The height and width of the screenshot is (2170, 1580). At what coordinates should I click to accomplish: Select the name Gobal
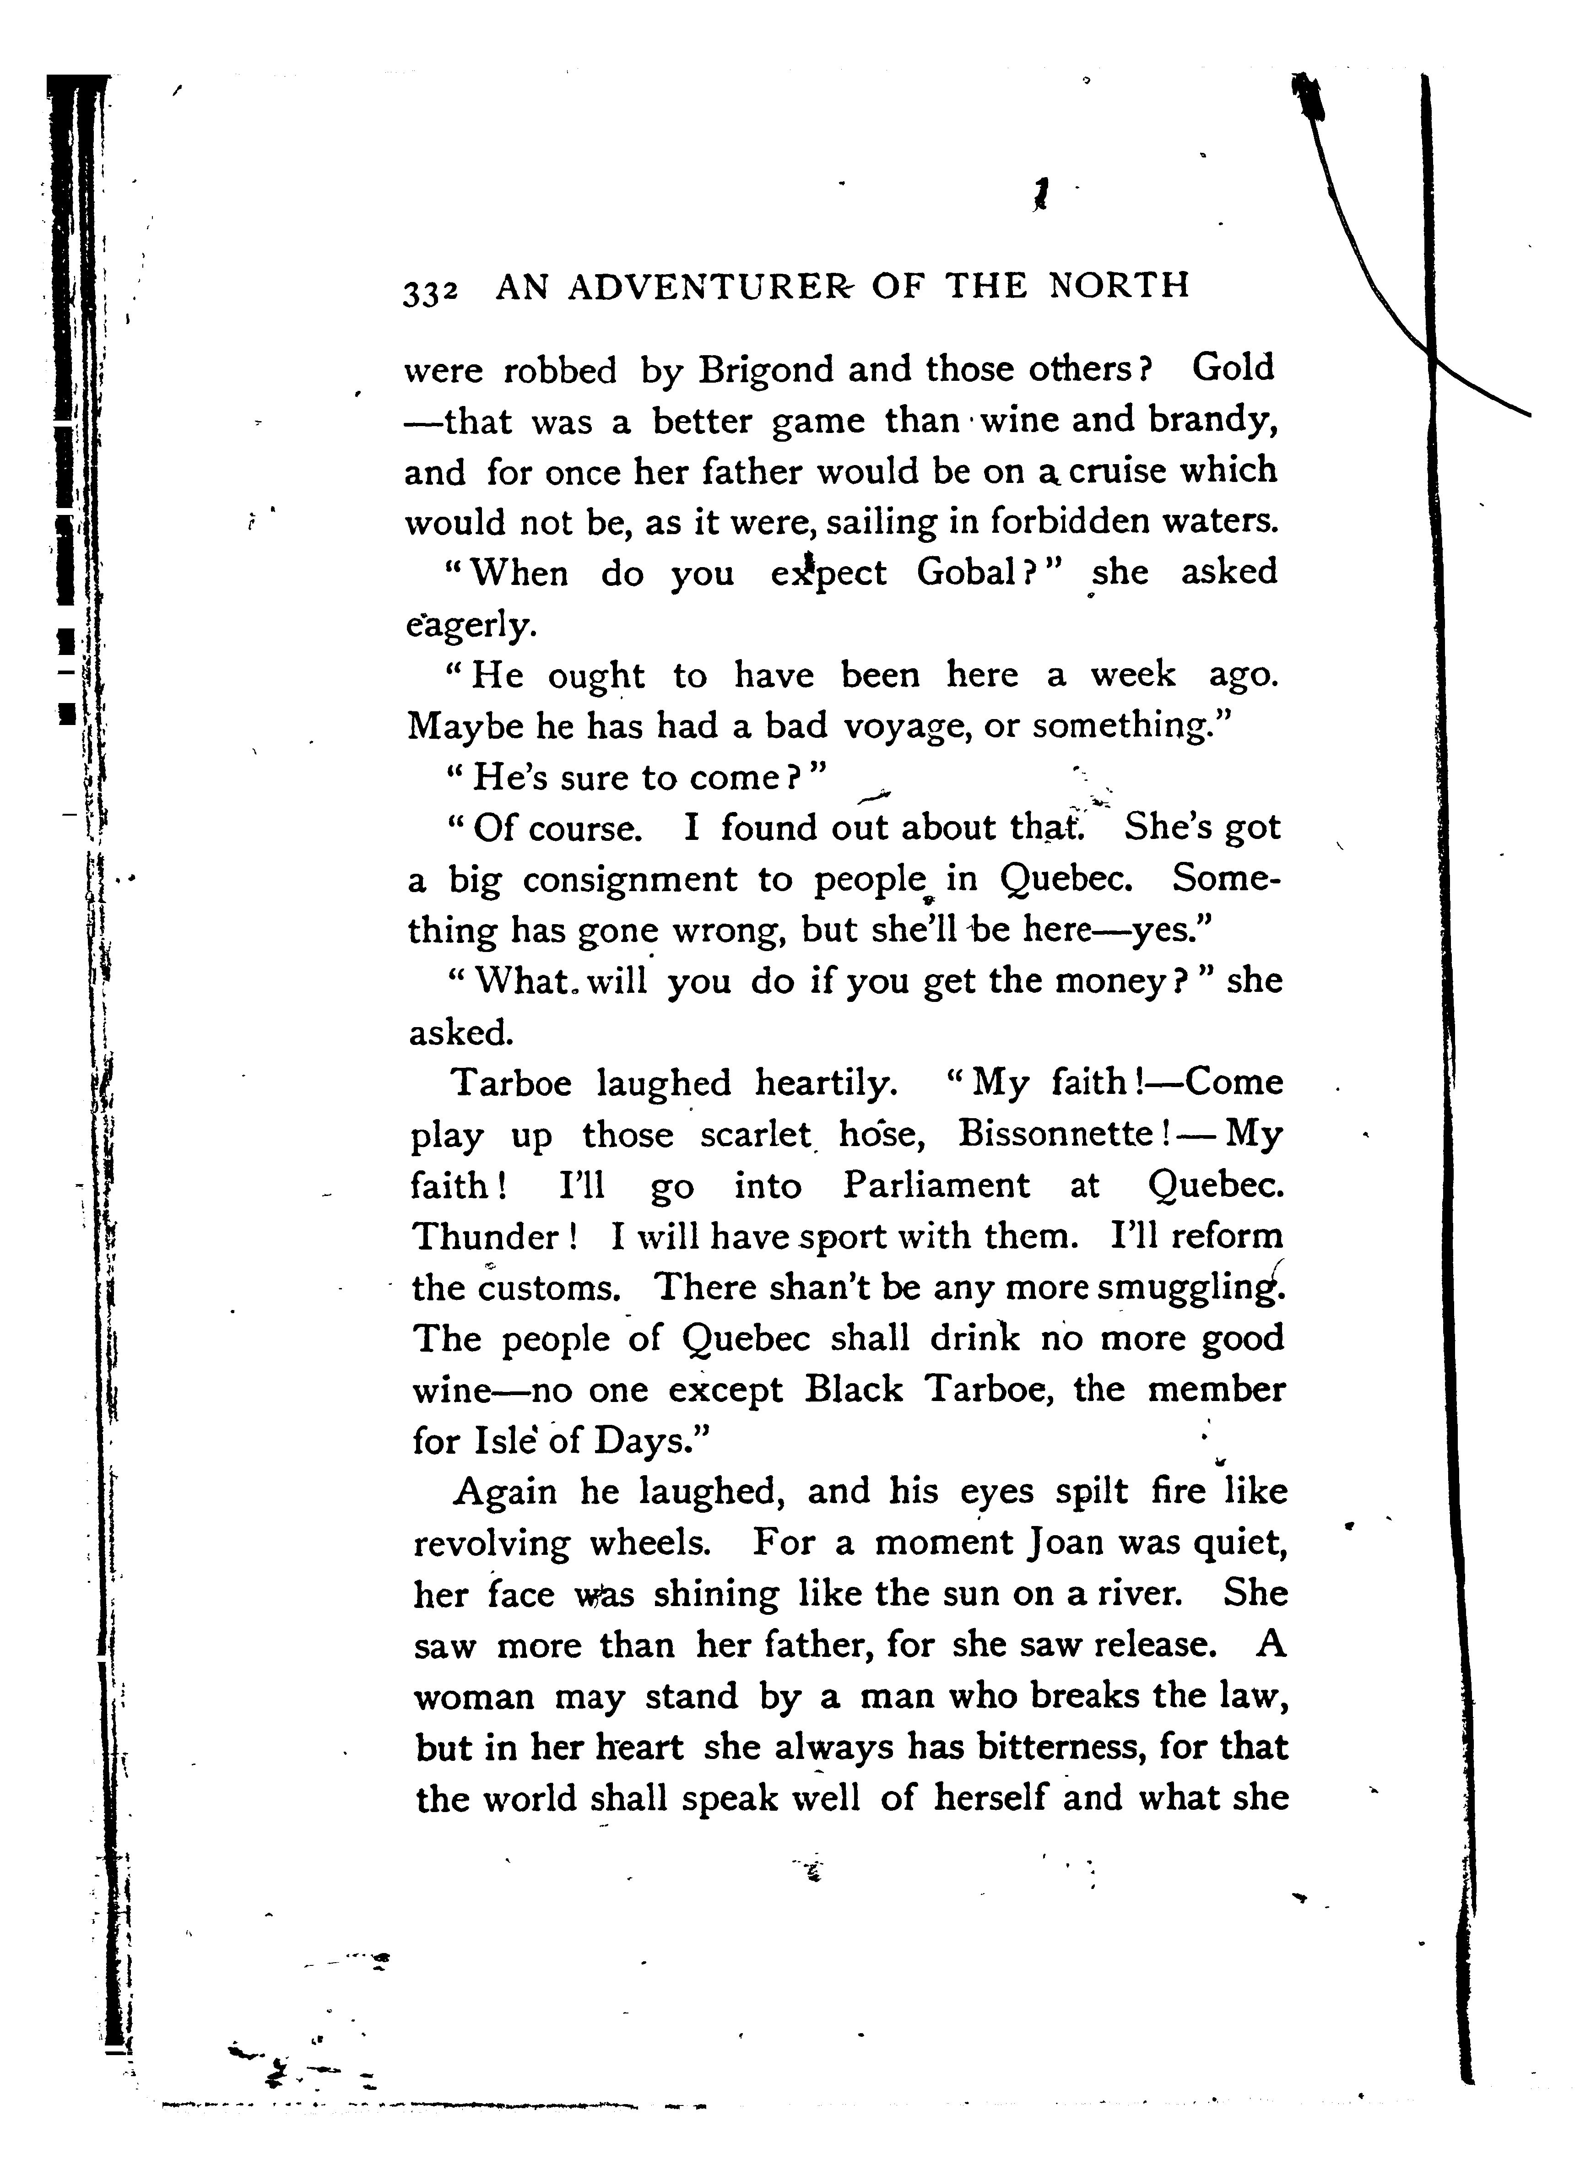(967, 573)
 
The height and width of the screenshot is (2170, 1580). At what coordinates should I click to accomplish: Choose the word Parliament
(937, 1186)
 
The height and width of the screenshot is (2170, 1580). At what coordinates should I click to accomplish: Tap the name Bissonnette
(1057, 1135)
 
